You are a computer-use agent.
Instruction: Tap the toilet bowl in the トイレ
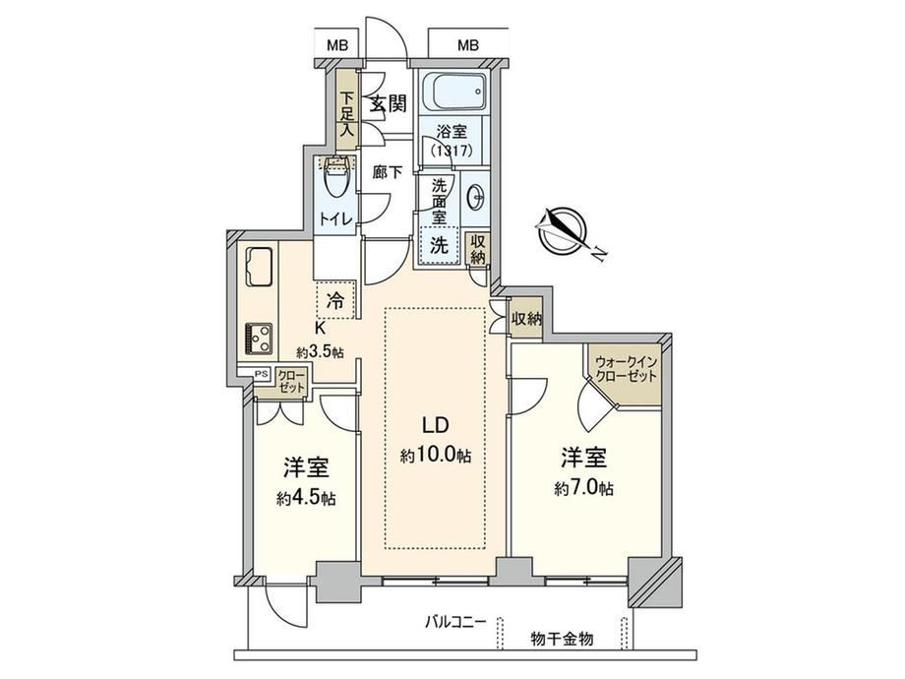[335, 181]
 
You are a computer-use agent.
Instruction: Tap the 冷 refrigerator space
[335, 300]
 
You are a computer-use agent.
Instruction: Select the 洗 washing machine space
[441, 245]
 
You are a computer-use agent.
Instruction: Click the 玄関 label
[388, 104]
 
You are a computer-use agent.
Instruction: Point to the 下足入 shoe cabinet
[346, 110]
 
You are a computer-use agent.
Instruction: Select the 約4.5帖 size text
[306, 498]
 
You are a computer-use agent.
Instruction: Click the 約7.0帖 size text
[584, 488]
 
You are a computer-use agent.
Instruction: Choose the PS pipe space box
[262, 374]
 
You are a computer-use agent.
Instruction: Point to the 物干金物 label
[562, 639]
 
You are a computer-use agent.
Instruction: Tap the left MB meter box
[337, 45]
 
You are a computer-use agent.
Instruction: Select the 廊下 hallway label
[388, 172]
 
